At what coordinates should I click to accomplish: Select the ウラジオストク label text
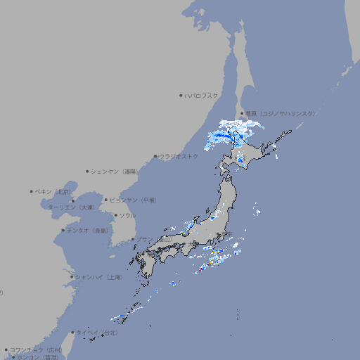point(178,157)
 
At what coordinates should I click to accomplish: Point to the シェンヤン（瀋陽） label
point(115,171)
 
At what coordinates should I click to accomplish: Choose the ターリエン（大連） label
point(70,207)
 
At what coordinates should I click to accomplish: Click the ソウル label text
point(127,215)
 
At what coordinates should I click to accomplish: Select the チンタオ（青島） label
point(87,231)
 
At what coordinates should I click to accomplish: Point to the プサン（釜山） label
point(153,240)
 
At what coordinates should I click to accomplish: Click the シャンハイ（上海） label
point(98,278)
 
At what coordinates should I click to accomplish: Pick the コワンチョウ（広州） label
point(35,349)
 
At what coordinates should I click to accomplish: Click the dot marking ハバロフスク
point(181,96)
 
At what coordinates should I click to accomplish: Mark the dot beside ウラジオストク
point(155,157)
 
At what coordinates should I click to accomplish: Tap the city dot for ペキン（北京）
point(32,191)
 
